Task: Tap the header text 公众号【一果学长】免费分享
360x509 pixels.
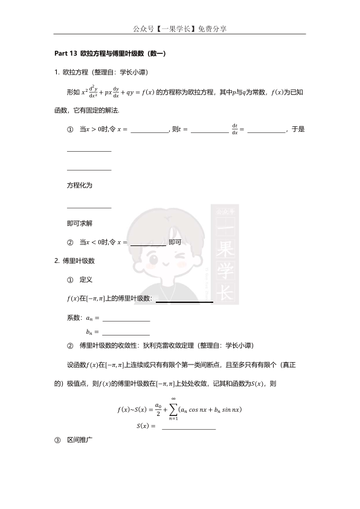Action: (180, 28)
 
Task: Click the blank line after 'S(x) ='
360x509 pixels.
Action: (188, 428)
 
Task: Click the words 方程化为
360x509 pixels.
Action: (79, 185)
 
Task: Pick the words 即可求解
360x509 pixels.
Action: (79, 223)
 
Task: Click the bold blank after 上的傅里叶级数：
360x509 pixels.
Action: (184, 300)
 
